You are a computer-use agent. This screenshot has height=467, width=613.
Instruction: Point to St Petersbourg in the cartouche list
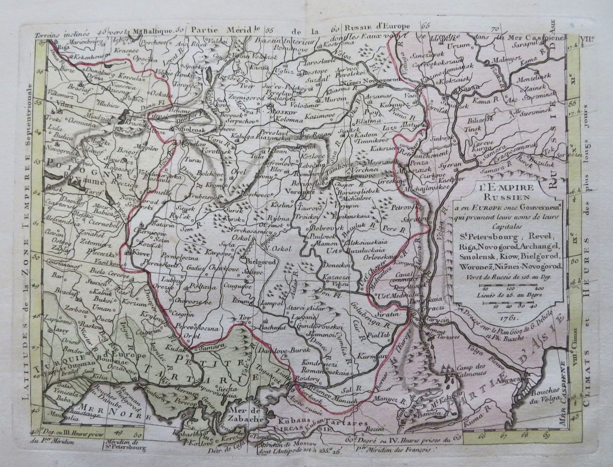pyautogui.click(x=482, y=236)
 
